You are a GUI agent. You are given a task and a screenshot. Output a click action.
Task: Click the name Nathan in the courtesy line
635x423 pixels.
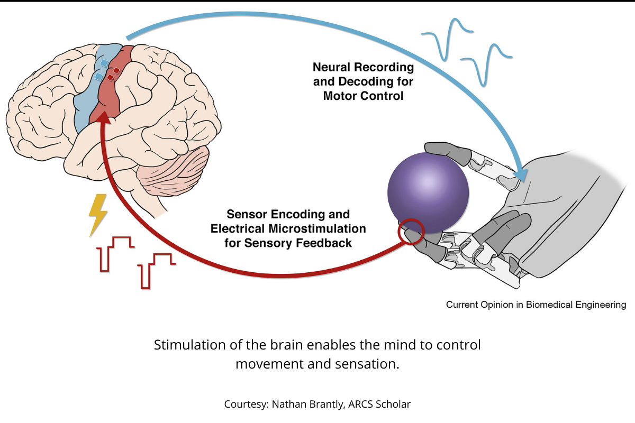point(292,404)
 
